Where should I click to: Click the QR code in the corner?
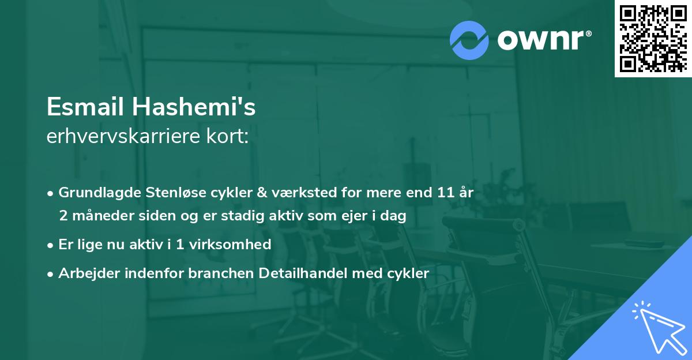(x=652, y=39)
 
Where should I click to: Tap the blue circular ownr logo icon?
(x=469, y=40)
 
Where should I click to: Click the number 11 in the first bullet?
(x=443, y=193)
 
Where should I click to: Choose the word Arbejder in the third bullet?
(x=85, y=273)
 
